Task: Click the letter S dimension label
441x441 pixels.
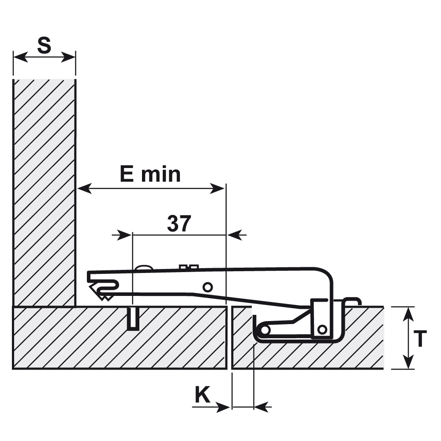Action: coord(44,45)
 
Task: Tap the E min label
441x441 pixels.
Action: coord(150,174)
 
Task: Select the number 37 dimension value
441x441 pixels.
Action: coord(179,223)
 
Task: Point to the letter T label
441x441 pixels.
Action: coord(420,339)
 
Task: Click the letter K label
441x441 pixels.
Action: coord(202,395)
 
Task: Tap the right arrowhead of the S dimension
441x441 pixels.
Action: coord(68,57)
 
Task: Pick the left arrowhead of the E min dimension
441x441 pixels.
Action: coord(84,188)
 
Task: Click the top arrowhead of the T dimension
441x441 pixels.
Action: coord(408,314)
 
